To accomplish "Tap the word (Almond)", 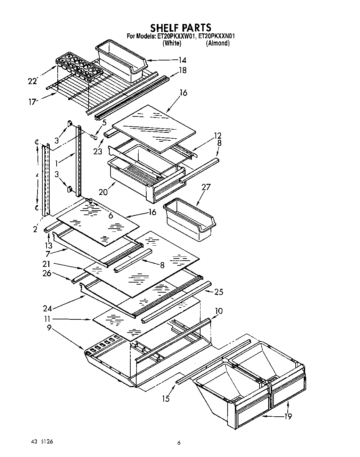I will pos(218,43).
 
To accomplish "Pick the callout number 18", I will pos(182,70).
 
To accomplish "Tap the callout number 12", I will pos(218,136).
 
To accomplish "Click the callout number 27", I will pos(206,187).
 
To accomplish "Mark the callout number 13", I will pos(49,245).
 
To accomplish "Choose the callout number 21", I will pos(47,264).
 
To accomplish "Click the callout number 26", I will pos(47,273).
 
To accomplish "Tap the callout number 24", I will pos(48,308).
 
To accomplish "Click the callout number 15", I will pos(166,399).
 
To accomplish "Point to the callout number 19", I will pos(288,416).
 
